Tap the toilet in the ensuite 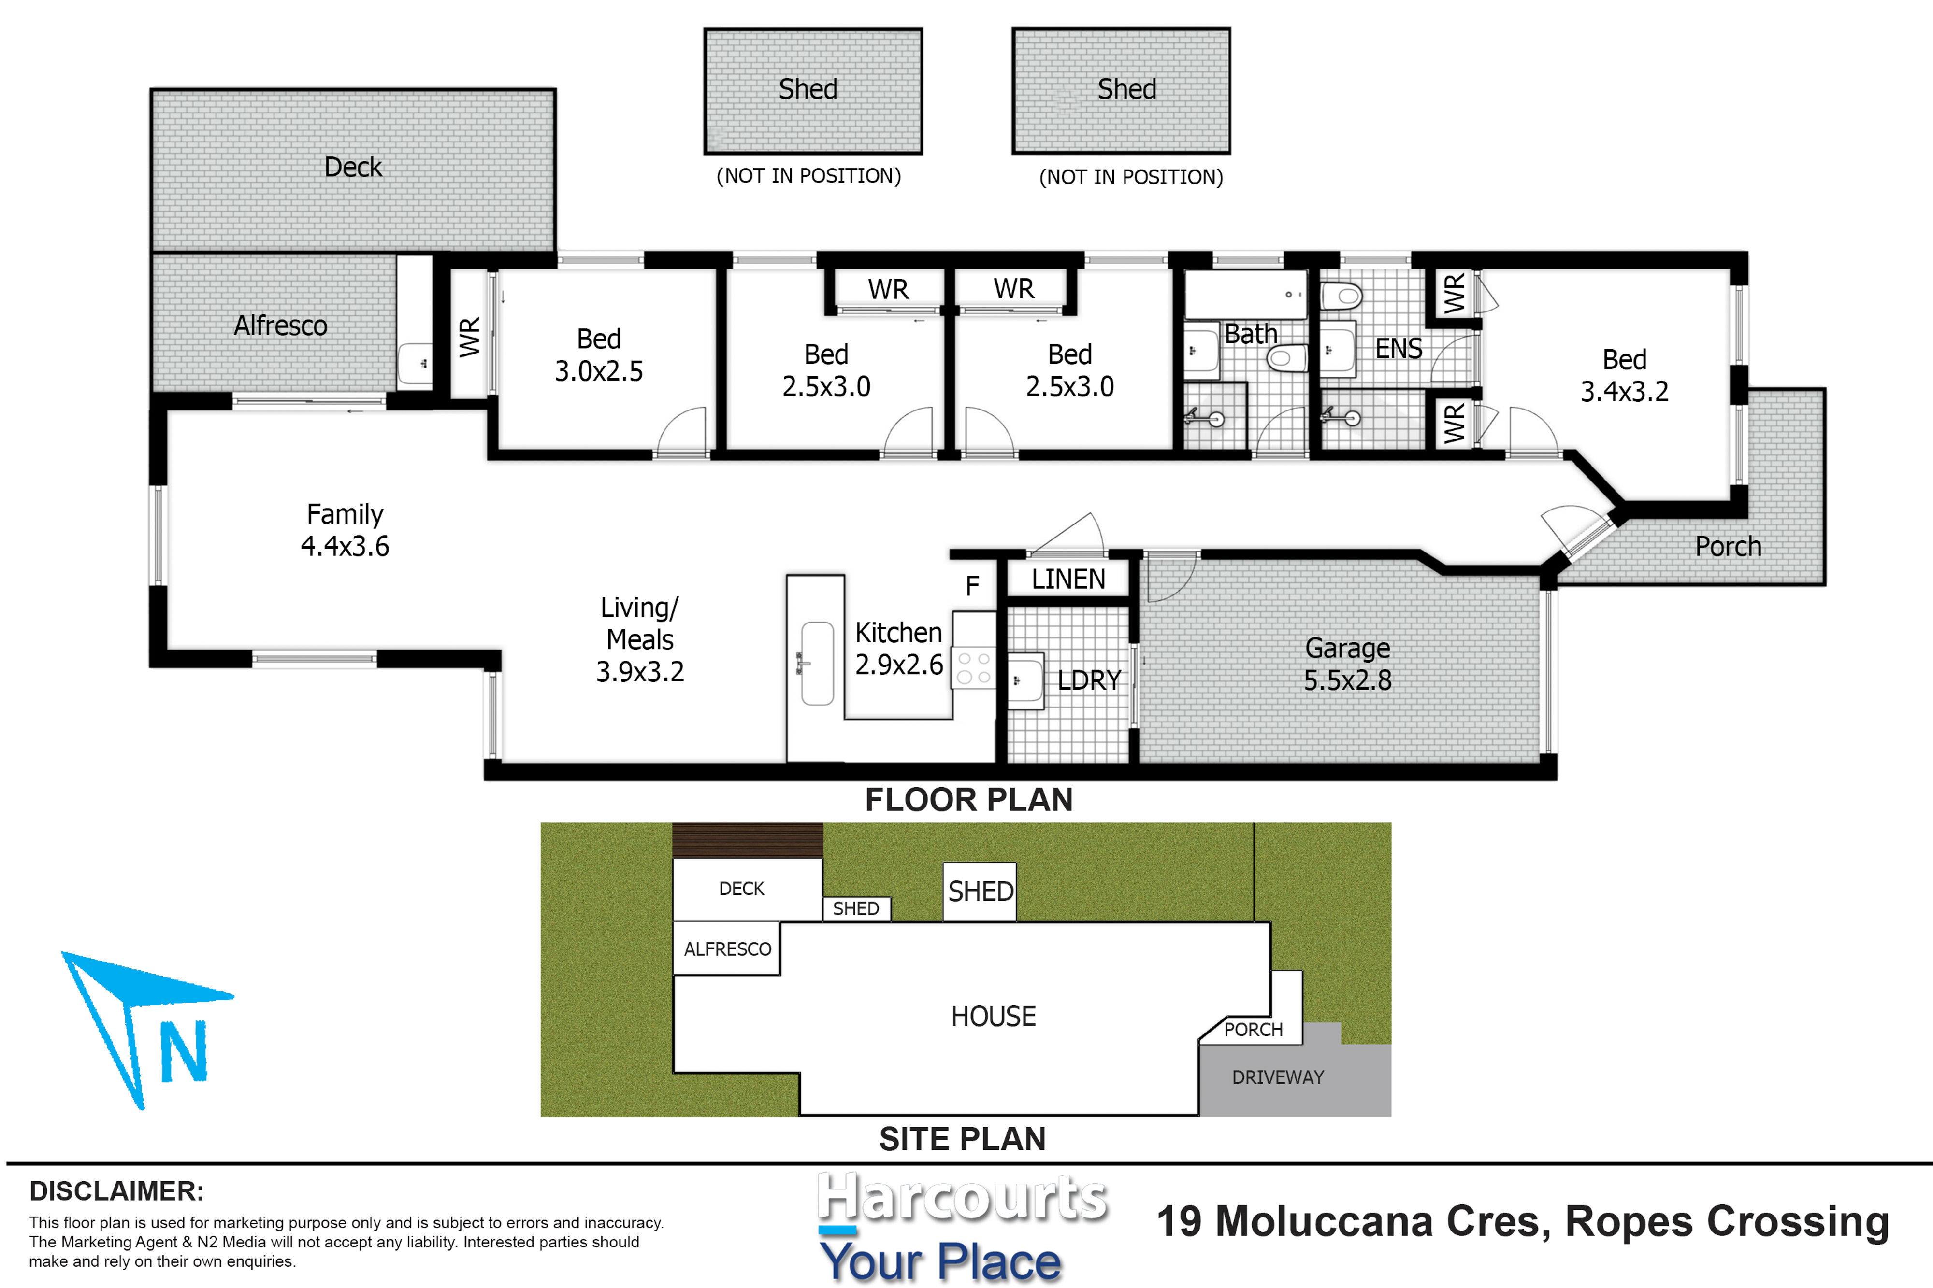coord(1342,295)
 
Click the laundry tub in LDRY coord(1025,680)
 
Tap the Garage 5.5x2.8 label coord(1348,664)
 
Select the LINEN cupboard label coord(1068,579)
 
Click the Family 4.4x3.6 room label coord(345,530)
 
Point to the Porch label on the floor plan coord(1729,546)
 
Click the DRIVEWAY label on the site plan coord(1278,1077)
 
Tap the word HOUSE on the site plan coord(994,1016)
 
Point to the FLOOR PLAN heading coord(969,799)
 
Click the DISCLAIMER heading coord(116,1191)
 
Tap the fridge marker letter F coord(972,586)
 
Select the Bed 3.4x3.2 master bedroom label coord(1625,375)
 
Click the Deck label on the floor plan coord(353,167)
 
